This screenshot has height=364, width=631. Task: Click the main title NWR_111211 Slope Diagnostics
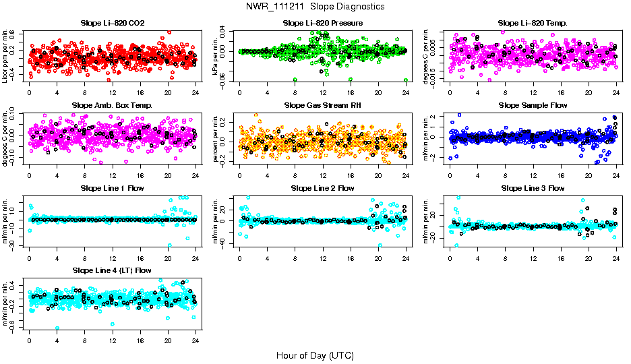click(315, 6)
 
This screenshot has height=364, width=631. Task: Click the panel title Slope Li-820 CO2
click(112, 24)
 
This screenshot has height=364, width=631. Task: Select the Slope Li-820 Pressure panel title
click(322, 24)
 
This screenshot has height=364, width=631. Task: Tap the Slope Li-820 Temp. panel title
click(533, 24)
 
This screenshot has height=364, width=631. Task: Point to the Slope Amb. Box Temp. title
click(112, 106)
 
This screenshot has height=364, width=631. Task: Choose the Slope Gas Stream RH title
click(322, 106)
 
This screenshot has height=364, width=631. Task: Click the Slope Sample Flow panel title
click(533, 106)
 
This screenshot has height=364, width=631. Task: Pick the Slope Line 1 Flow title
click(112, 188)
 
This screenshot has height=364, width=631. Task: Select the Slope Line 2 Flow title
click(322, 188)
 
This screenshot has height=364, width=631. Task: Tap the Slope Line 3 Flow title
click(533, 188)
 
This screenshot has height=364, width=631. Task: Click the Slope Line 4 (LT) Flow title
click(112, 271)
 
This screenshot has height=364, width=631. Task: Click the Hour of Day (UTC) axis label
click(315, 355)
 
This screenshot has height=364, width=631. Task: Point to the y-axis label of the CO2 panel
click(5, 56)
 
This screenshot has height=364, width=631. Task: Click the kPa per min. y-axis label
click(216, 56)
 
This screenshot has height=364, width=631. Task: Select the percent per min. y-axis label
click(216, 138)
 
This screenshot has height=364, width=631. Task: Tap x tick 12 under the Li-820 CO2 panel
click(113, 93)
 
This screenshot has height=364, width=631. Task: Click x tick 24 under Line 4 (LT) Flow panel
click(196, 340)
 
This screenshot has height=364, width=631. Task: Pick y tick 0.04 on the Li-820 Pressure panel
click(230, 31)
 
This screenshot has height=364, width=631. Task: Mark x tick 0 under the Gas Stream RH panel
click(239, 175)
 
